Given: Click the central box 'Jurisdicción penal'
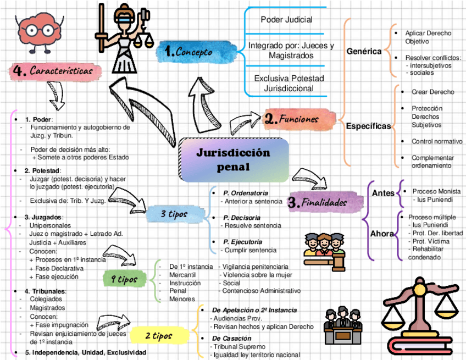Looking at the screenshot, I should pyautogui.click(x=234, y=159).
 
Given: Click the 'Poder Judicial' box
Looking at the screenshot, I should pyautogui.click(x=286, y=20).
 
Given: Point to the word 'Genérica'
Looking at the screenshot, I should pyautogui.click(x=364, y=51).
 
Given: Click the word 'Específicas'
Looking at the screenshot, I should pyautogui.click(x=368, y=126).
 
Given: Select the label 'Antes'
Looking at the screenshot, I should pyautogui.click(x=383, y=193).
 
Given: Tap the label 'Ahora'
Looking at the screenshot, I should pyautogui.click(x=382, y=234).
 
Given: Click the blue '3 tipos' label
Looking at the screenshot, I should pyautogui.click(x=174, y=214).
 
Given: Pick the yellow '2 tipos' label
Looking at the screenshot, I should pyautogui.click(x=159, y=335).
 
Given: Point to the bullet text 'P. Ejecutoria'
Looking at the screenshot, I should pyautogui.click(x=242, y=242).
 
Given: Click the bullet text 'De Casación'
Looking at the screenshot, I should pyautogui.click(x=232, y=339).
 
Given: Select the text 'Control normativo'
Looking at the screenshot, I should pyautogui.click(x=436, y=141).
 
